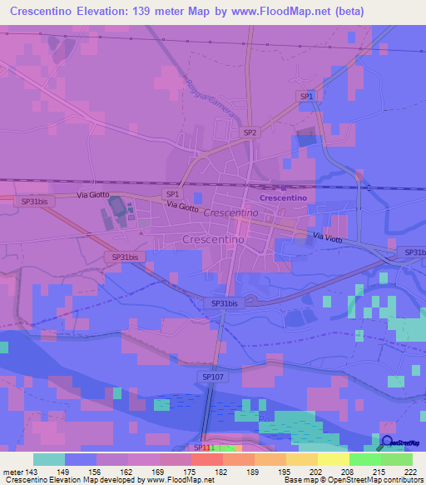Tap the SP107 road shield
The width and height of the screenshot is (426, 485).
[x=212, y=377]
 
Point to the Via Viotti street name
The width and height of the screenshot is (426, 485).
[x=329, y=238]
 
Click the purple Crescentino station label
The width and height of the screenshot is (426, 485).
[x=284, y=198]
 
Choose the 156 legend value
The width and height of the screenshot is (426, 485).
[x=96, y=472]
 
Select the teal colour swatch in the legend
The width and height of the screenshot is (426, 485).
[x=49, y=459]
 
